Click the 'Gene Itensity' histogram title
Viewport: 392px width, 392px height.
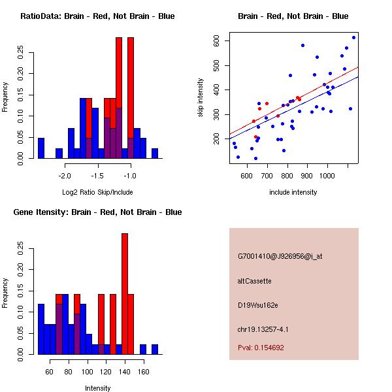[97, 212]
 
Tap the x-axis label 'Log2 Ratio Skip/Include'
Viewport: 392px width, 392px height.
[97, 192]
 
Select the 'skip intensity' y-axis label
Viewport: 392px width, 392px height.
[201, 98]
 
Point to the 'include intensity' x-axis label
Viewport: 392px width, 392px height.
[293, 192]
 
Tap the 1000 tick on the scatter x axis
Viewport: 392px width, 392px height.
[327, 175]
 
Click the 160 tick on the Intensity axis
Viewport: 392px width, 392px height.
[142, 372]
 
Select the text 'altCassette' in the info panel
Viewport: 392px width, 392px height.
[254, 281]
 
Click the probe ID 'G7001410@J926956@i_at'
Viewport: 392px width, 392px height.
[280, 256]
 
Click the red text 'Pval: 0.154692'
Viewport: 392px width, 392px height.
[261, 348]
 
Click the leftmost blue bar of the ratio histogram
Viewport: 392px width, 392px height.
[41, 148]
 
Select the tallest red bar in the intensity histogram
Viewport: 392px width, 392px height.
[124, 294]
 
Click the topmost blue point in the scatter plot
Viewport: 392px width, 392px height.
[353, 37]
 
